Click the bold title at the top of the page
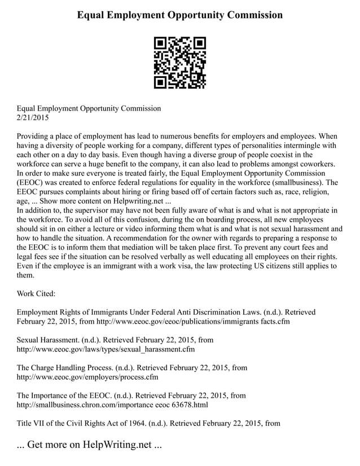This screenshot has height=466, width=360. pyautogui.click(x=180, y=15)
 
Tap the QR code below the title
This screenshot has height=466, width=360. pyautogui.click(x=180, y=63)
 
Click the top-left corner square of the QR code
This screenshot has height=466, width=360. pyautogui.click(x=160, y=43)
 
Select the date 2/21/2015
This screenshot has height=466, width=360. pyautogui.click(x=33, y=118)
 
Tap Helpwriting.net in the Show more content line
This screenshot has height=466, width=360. pyautogui.click(x=134, y=201)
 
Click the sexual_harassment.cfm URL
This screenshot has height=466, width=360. pyautogui.click(x=106, y=349)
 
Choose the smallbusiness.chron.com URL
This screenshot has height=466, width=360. pyautogui.click(x=112, y=405)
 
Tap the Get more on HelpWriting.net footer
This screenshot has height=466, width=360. pyautogui.click(x=89, y=445)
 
